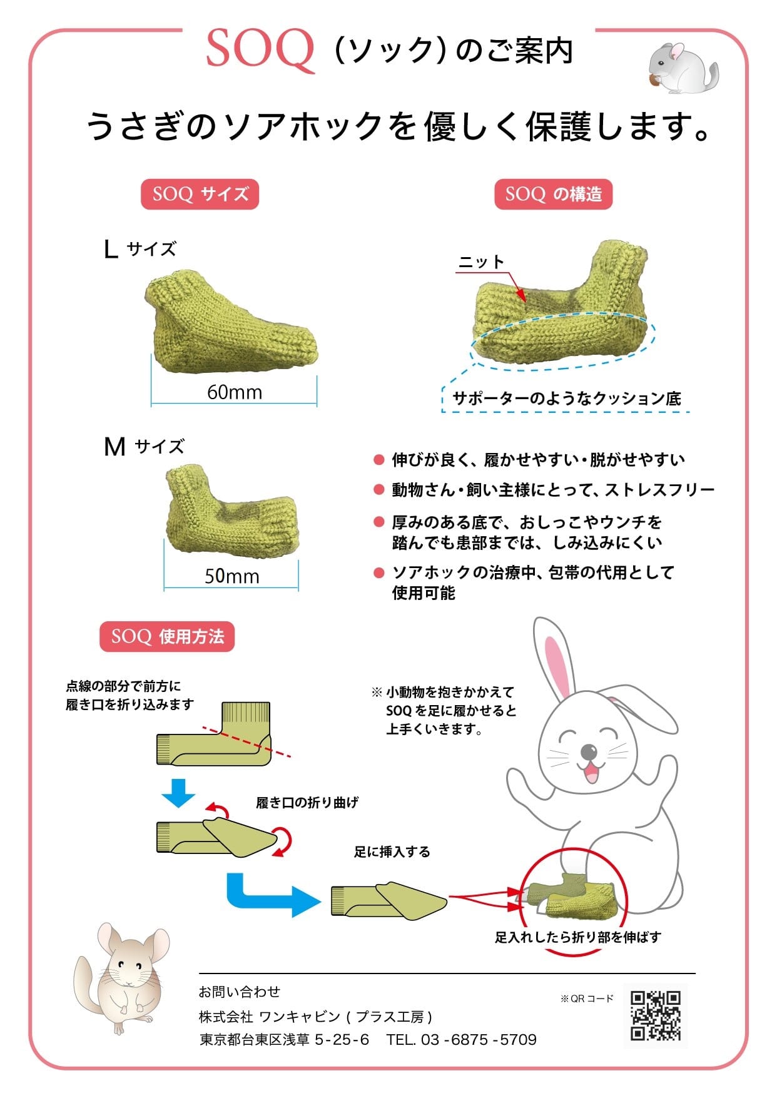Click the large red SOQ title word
tap(260, 50)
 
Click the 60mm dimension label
tap(235, 392)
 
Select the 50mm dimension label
tap(232, 576)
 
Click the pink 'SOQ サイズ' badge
tap(200, 194)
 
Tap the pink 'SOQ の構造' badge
tap(553, 194)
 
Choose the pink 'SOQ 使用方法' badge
tap(167, 637)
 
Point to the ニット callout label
tap(481, 262)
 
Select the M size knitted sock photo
tap(231, 509)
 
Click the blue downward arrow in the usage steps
tap(179, 793)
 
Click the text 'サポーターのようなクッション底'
tap(566, 399)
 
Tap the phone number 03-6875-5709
tap(479, 1039)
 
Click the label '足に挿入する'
tap(392, 851)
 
